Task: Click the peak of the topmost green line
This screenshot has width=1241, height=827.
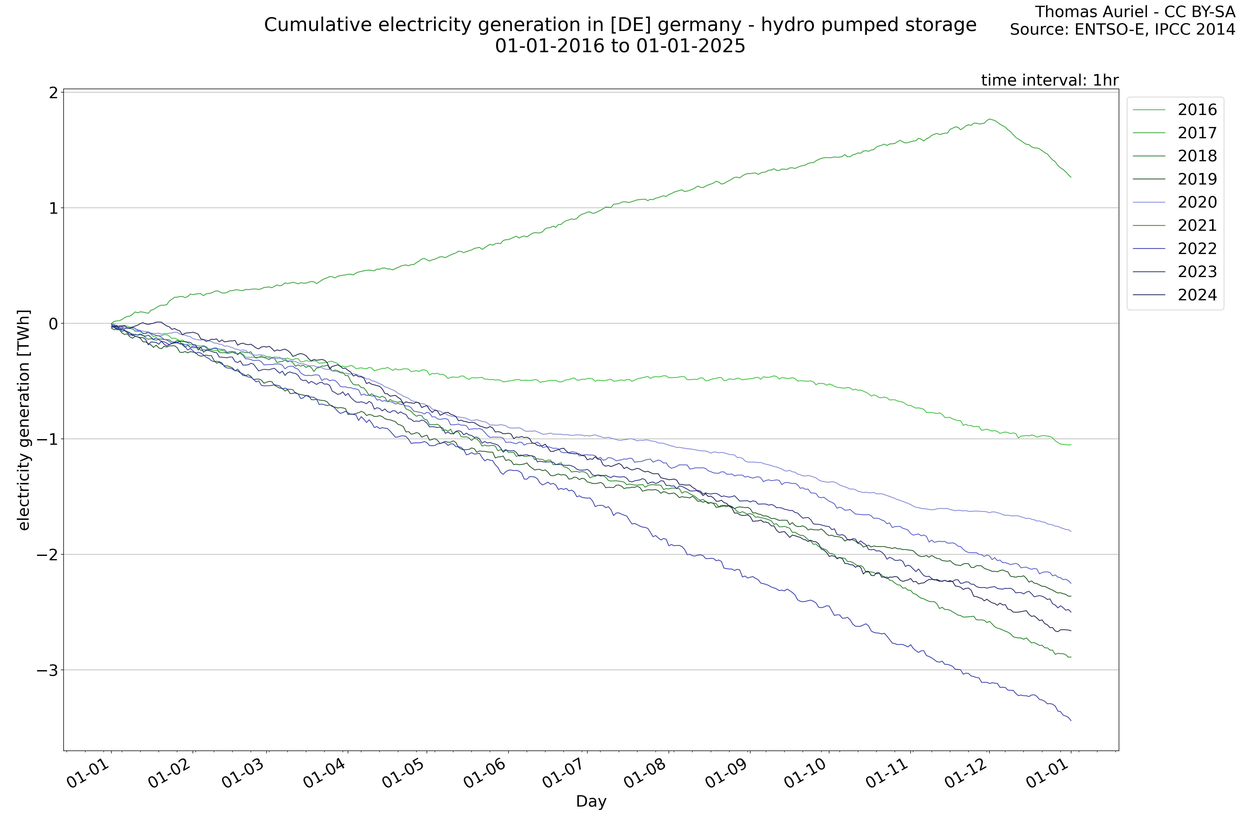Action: tap(990, 119)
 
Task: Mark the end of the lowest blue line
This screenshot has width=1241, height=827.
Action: tap(1071, 721)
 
